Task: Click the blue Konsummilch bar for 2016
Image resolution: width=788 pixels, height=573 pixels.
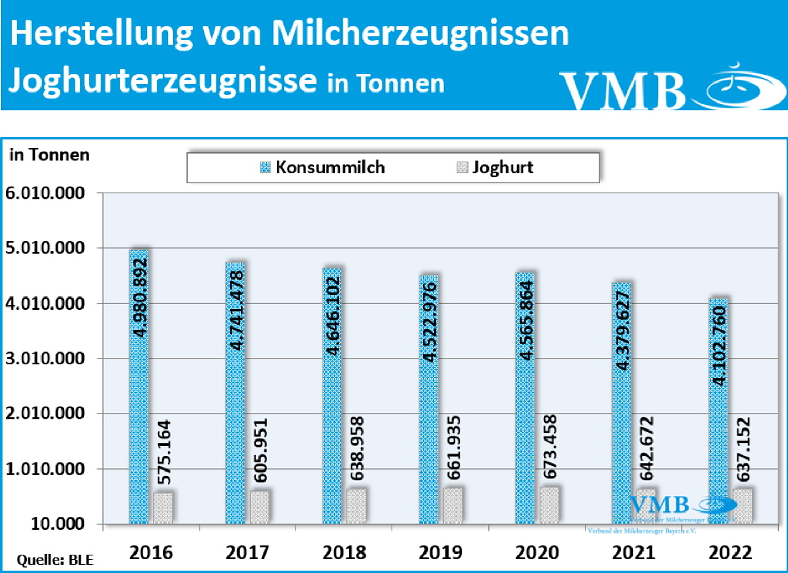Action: point(139,421)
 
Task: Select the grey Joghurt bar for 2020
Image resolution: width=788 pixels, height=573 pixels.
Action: point(549,505)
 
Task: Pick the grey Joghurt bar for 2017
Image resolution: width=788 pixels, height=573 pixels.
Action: point(260,507)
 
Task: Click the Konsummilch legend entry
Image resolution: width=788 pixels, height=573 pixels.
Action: point(323,168)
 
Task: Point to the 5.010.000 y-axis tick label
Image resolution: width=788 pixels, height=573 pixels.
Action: point(45,248)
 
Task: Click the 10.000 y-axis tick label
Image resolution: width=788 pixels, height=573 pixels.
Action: point(57,524)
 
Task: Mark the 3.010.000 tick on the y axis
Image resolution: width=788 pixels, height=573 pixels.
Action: point(45,359)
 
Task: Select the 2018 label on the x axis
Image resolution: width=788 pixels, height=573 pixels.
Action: point(344,552)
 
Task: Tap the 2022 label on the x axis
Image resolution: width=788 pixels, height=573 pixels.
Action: point(730,552)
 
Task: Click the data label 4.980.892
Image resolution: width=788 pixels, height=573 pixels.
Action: point(140,298)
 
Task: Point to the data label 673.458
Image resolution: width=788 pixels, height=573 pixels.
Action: point(550,447)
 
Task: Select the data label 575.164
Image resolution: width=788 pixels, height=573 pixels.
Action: point(164,452)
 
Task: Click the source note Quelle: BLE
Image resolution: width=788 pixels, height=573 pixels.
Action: point(55,560)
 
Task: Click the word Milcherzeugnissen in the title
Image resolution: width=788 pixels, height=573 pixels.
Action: point(420,33)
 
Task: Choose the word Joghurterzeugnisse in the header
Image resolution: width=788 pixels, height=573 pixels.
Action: point(163,80)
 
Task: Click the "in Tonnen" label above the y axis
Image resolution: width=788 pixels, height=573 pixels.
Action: point(49,155)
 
